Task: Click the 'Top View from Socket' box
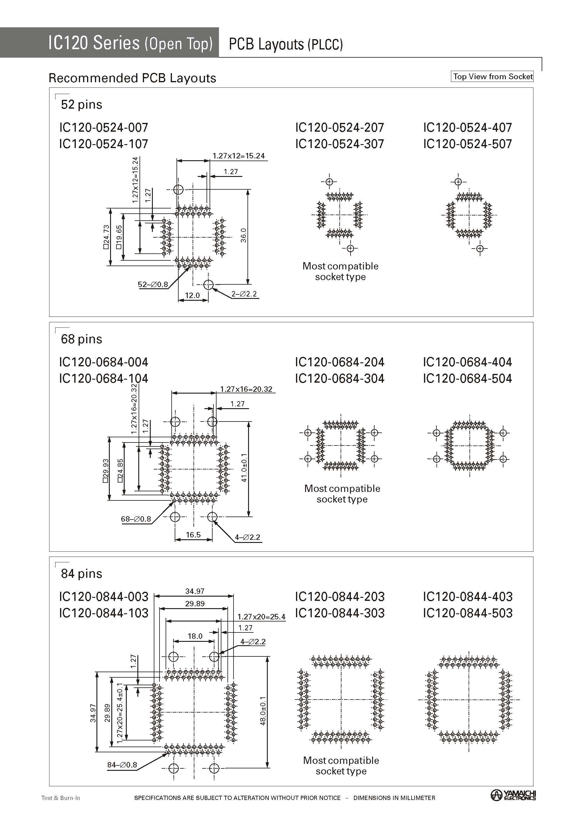pyautogui.click(x=492, y=76)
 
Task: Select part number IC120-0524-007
pyautogui.click(x=104, y=127)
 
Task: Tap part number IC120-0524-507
pyautogui.click(x=467, y=144)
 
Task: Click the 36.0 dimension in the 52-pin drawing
pyautogui.click(x=244, y=235)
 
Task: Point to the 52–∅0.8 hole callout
pyautogui.click(x=153, y=284)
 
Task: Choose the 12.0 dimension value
pyautogui.click(x=192, y=295)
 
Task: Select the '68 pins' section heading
pyautogui.click(x=82, y=339)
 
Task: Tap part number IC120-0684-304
pyautogui.click(x=340, y=378)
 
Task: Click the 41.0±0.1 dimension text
pyautogui.click(x=244, y=467)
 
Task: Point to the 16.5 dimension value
pyautogui.click(x=193, y=534)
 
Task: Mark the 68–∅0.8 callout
pyautogui.click(x=136, y=519)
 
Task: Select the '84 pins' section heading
pyautogui.click(x=82, y=574)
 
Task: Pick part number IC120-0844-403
pyautogui.click(x=467, y=597)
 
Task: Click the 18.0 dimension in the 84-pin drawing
pyautogui.click(x=195, y=636)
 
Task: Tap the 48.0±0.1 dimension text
pyautogui.click(x=263, y=711)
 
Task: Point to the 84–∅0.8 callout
pyautogui.click(x=122, y=765)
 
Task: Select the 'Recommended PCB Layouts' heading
pyautogui.click(x=132, y=78)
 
